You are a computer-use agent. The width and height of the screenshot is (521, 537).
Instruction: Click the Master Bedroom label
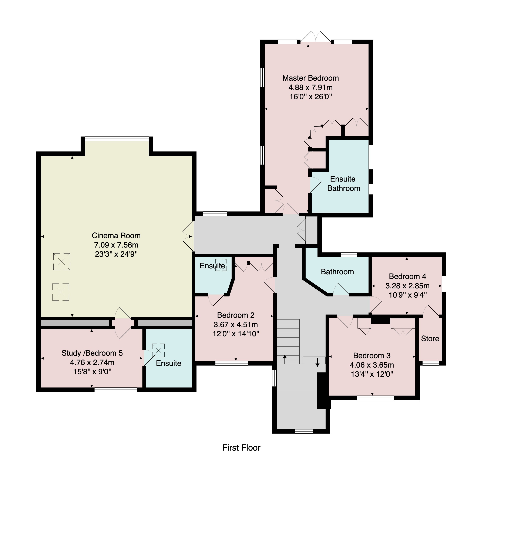point(310,78)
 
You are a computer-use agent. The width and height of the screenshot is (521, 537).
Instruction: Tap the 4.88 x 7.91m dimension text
point(310,87)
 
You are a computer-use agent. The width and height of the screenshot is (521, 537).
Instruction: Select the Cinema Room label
point(116,235)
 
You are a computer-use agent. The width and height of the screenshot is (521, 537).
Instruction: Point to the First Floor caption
point(241,447)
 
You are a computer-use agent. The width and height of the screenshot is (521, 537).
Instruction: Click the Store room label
point(430,338)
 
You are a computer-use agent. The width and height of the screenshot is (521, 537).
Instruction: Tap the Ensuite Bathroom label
point(343,183)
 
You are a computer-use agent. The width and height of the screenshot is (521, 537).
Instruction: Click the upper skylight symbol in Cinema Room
point(62,262)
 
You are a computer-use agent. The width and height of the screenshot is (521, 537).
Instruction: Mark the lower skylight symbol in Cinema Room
point(61,292)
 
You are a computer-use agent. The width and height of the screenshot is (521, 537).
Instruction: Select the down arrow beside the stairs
point(317,362)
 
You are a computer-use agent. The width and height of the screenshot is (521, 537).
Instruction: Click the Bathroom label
point(337,272)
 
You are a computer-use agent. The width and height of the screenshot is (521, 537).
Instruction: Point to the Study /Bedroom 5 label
point(92,353)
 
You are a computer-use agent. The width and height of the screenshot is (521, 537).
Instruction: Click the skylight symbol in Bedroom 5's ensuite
point(158,350)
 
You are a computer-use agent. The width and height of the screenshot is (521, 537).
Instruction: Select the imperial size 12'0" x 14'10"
point(236,334)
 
